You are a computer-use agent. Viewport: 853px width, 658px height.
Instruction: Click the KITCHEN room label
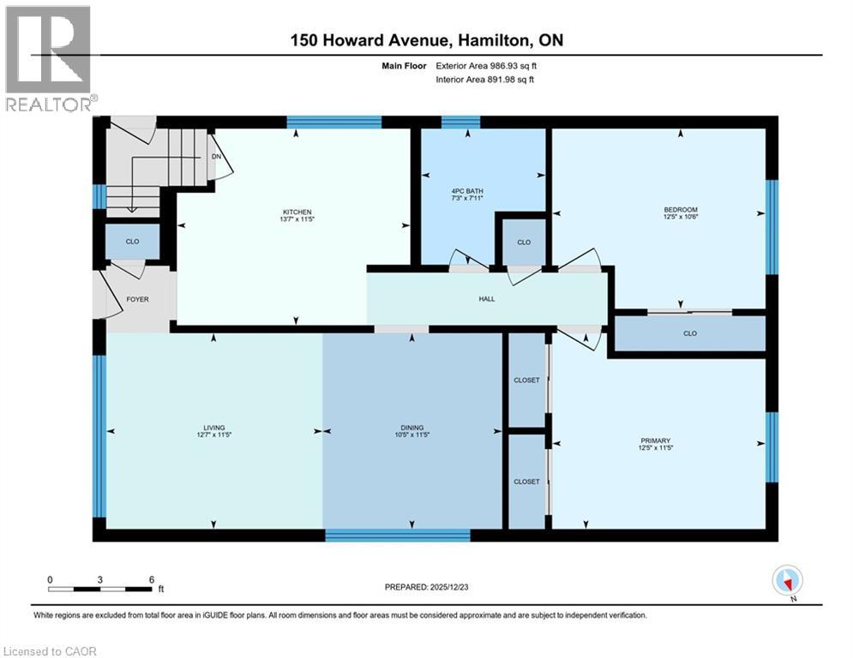297,212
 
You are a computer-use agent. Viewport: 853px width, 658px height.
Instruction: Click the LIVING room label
213,428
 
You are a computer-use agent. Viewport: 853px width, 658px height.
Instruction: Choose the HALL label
486,299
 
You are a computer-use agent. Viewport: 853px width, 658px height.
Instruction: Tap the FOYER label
137,299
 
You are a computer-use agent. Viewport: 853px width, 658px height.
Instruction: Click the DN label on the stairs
217,158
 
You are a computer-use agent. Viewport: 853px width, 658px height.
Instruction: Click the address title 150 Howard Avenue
426,40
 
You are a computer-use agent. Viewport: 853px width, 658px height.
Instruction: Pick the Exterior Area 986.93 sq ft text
486,65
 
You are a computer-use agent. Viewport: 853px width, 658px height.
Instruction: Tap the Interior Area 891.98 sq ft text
486,80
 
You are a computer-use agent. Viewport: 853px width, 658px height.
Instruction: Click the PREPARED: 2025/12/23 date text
425,587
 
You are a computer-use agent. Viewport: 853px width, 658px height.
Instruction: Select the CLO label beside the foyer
132,242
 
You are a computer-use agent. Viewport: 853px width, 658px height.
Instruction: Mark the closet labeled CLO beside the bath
524,242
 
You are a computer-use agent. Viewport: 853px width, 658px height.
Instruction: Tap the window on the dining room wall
398,535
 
